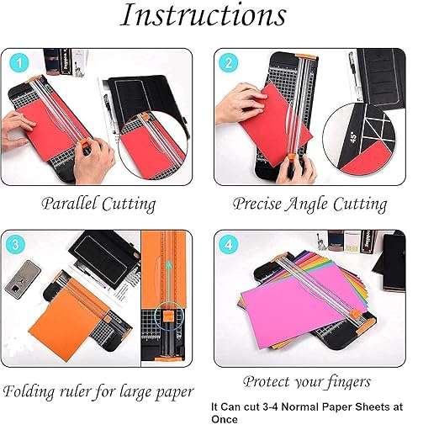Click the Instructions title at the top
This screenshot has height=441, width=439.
point(204,16)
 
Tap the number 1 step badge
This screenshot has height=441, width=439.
point(20,64)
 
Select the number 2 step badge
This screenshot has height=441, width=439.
point(227,64)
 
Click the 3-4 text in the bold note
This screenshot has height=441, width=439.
point(271,406)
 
